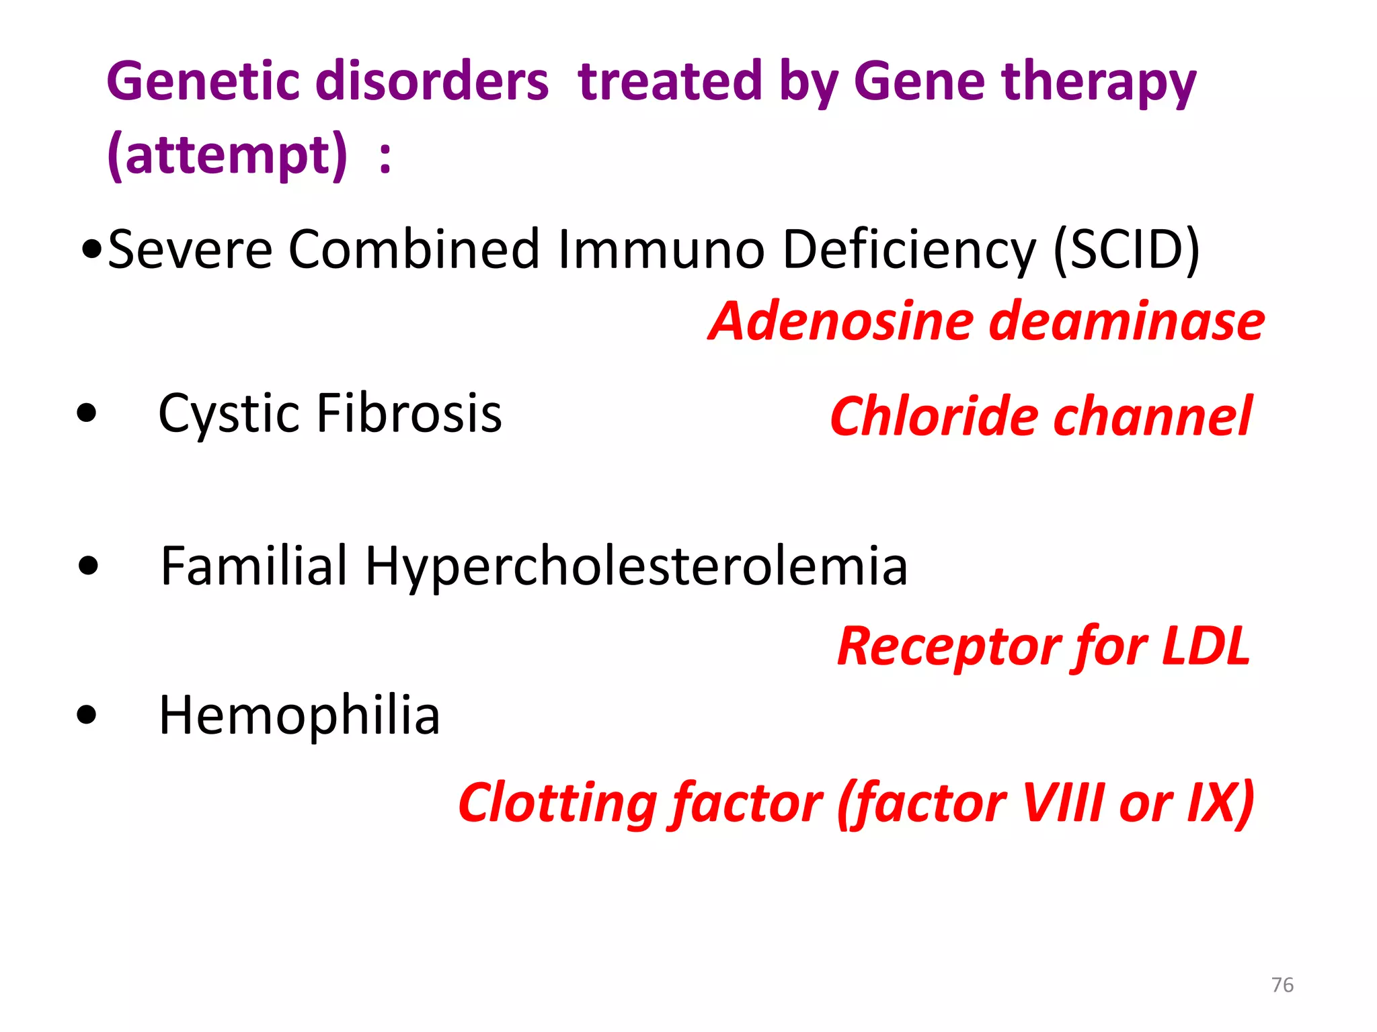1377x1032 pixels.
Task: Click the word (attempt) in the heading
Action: pyautogui.click(x=227, y=156)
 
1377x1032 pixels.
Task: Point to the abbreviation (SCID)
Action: pyautogui.click(x=1126, y=250)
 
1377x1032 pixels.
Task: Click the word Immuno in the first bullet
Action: pyautogui.click(x=662, y=250)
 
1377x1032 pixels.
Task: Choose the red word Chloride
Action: pyautogui.click(x=935, y=417)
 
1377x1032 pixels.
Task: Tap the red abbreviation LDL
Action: pyautogui.click(x=1206, y=646)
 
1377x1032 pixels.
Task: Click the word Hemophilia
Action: pyautogui.click(x=299, y=716)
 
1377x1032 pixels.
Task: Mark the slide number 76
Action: pyautogui.click(x=1282, y=985)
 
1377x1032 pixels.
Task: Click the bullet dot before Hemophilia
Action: pyautogui.click(x=87, y=715)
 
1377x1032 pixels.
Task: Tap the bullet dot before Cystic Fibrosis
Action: pyautogui.click(x=87, y=413)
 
